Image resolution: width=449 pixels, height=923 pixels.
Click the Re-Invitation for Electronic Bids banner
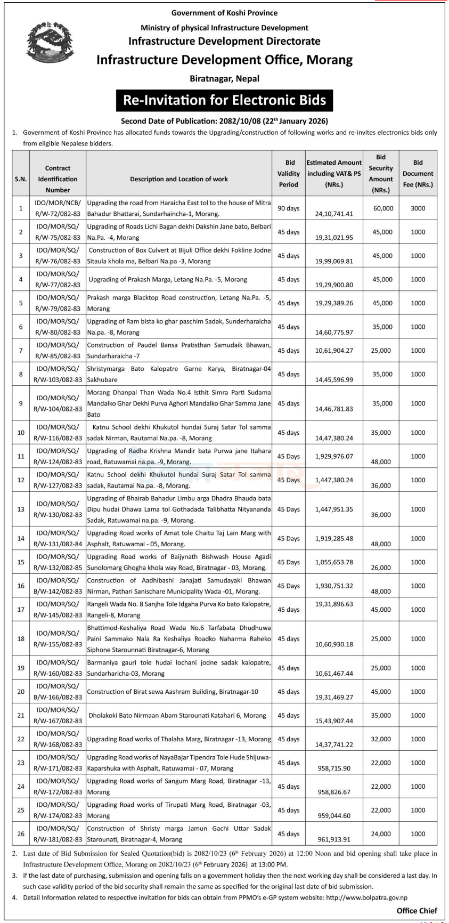click(x=224, y=100)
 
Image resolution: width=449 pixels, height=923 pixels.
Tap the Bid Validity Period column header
click(x=290, y=174)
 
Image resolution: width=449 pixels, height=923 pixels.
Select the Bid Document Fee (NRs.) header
click(x=418, y=174)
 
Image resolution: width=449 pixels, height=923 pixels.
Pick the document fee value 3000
click(x=418, y=208)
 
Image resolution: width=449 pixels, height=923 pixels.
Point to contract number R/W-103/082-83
click(x=58, y=380)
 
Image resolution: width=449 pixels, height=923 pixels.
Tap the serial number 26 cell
click(x=21, y=834)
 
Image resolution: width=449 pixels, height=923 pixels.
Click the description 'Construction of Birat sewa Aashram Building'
click(x=173, y=692)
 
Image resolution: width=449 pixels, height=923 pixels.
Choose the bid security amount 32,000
click(x=381, y=739)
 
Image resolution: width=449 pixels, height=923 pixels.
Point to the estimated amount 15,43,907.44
click(x=334, y=721)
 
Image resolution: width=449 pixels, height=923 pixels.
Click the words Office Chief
click(x=417, y=911)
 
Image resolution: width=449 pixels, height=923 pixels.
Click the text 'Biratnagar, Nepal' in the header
click(x=224, y=78)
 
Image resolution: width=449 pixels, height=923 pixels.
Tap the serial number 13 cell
click(x=21, y=509)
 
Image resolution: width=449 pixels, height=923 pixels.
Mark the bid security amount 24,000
click(x=381, y=834)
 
